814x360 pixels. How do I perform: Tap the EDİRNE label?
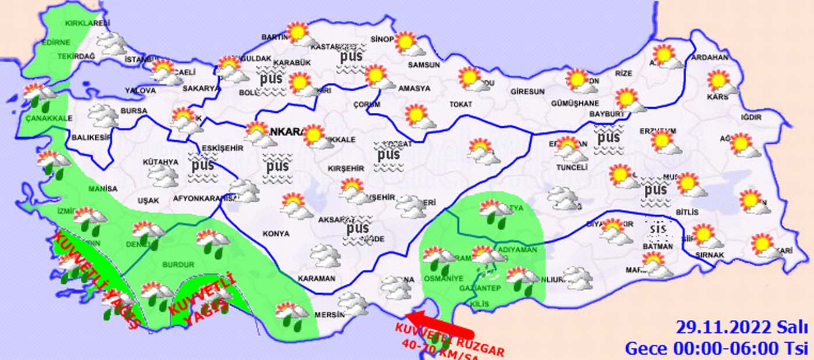(55, 42)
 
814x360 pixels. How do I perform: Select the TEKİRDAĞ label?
(76, 56)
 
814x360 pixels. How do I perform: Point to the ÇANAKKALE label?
(48, 118)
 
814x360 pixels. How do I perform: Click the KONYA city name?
(276, 234)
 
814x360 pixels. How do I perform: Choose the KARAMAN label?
(316, 279)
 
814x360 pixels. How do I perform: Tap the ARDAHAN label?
(710, 58)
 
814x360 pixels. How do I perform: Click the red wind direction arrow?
(436, 326)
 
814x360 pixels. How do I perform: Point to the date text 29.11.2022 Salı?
(742, 327)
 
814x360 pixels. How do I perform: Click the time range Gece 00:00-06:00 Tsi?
(716, 348)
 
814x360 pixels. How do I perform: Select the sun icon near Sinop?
(405, 42)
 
